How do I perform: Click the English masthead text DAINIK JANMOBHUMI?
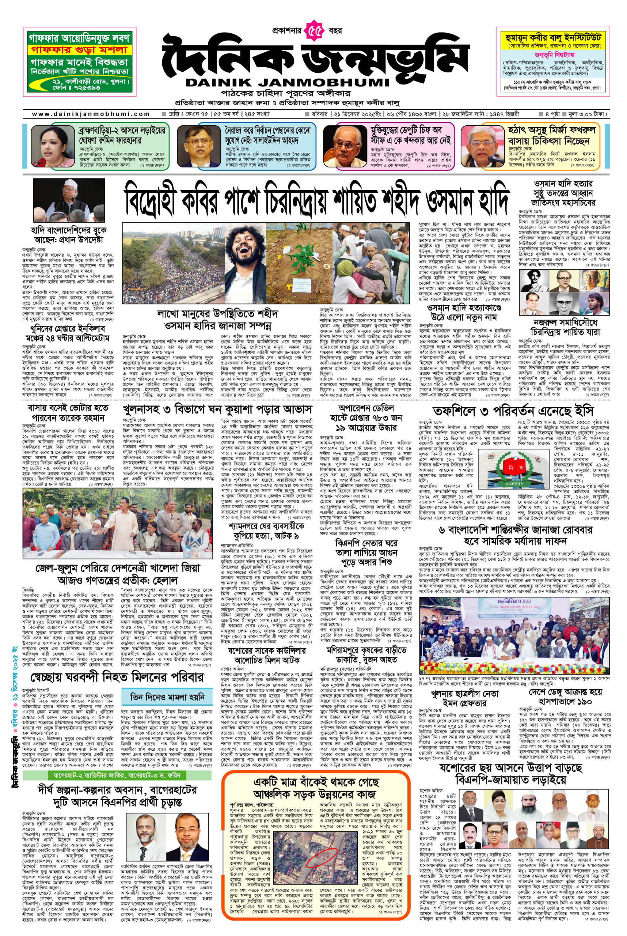tap(287, 82)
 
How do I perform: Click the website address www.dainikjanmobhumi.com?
tap(91, 114)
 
